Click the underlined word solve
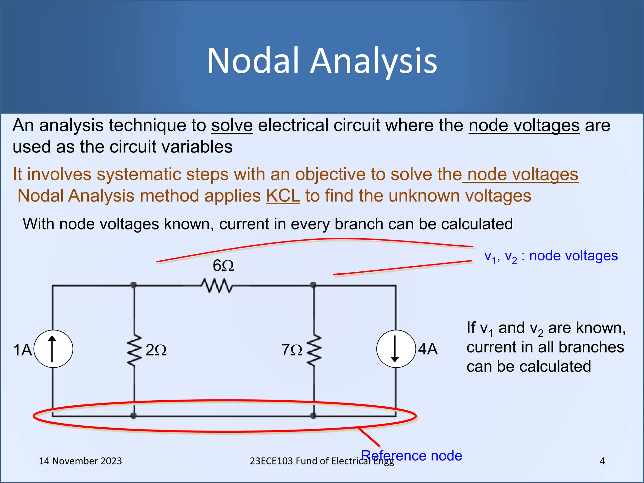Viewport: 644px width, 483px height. point(232,125)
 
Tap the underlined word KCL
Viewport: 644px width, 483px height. point(283,196)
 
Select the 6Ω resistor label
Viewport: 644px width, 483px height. point(223,266)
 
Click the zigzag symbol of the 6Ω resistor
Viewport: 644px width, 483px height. point(217,286)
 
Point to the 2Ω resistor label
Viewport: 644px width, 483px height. point(156,350)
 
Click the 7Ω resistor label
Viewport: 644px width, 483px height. point(292,350)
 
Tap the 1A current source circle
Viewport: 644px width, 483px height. point(53,349)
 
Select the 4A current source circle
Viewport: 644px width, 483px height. point(396,349)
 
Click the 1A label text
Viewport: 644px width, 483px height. point(23,350)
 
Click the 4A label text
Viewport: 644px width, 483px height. point(428,349)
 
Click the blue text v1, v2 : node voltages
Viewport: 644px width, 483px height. point(551,256)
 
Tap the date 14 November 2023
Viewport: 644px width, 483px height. point(80,461)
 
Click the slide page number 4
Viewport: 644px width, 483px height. point(602,461)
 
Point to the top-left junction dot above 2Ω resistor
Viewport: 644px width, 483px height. point(134,285)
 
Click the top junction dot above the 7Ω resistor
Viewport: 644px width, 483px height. point(313,285)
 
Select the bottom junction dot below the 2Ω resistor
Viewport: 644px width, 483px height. point(134,416)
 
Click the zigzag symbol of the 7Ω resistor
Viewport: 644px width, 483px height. point(314,350)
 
